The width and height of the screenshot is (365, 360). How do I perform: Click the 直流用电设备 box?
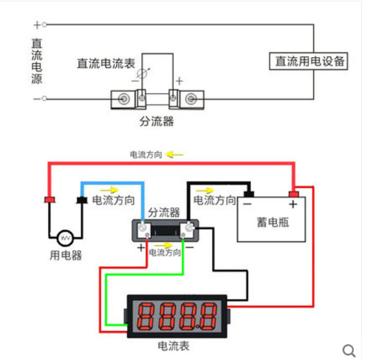(x=310, y=61)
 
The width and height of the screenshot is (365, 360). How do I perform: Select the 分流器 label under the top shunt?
(x=156, y=122)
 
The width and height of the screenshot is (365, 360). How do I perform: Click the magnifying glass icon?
(x=349, y=350)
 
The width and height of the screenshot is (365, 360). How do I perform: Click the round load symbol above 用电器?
(x=65, y=237)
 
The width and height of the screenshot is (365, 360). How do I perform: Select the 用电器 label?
(x=66, y=255)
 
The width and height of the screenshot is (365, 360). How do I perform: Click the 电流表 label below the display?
(x=173, y=346)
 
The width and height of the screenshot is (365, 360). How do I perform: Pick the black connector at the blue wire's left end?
(x=81, y=200)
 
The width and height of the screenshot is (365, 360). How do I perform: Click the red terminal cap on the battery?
(x=293, y=194)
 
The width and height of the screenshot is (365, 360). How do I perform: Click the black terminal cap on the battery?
(x=249, y=194)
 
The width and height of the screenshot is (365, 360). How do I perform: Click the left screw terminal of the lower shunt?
(x=148, y=230)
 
